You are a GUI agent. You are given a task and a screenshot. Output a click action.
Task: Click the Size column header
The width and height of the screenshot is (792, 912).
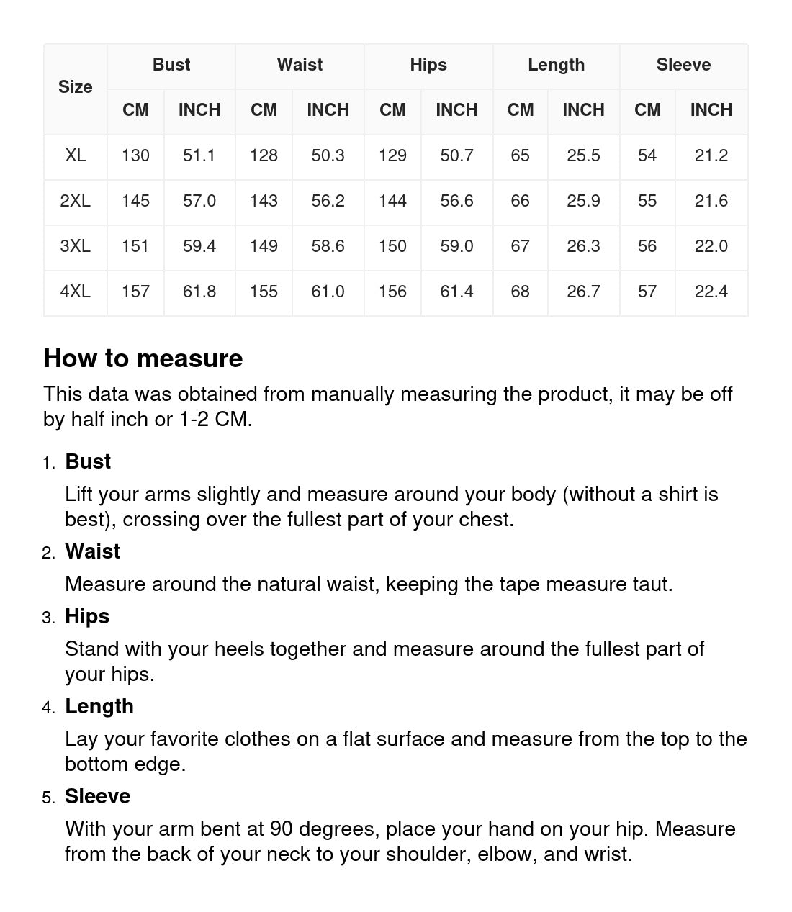76,87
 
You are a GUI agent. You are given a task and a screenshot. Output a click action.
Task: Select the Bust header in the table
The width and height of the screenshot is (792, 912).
171,65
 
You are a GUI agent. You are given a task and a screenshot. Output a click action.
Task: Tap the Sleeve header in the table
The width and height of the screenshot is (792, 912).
683,65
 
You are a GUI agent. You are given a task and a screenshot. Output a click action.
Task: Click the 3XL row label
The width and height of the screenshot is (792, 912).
76,246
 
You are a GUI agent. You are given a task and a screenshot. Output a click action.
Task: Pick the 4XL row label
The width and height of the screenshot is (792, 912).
76,292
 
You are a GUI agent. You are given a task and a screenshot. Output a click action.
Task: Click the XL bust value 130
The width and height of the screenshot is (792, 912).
135,155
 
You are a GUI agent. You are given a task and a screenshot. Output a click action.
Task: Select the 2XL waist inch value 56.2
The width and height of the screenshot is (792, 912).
328,201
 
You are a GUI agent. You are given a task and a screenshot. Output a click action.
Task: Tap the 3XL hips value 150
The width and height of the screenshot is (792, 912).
392,246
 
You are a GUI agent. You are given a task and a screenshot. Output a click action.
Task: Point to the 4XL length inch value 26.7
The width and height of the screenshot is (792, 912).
583,292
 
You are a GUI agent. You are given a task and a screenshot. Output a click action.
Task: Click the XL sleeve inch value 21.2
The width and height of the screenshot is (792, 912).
711,155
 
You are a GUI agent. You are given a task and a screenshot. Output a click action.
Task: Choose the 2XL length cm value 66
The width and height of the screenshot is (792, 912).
520,201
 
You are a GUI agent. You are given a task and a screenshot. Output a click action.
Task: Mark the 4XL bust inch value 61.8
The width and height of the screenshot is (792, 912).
199,292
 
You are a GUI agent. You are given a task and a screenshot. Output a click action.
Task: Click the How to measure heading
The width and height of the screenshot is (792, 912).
143,358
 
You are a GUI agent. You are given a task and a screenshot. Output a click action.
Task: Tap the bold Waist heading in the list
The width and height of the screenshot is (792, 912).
92,551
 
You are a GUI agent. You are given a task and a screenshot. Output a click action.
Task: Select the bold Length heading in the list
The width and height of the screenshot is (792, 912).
99,706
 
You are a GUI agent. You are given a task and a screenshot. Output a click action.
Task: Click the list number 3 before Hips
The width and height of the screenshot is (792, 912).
48,618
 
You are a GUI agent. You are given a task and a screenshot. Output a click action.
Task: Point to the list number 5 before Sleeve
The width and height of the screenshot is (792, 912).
48,798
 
